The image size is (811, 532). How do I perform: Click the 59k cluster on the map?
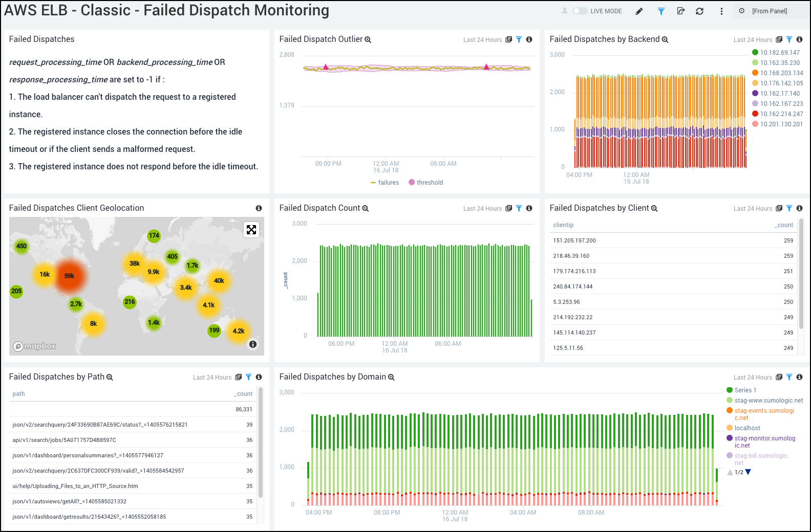(70, 276)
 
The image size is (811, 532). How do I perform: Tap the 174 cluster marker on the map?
(154, 236)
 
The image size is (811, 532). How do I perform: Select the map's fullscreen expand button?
(251, 230)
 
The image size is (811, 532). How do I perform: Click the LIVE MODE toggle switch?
(580, 11)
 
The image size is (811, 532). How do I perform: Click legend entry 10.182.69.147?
(779, 53)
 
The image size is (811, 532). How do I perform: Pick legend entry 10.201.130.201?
(781, 124)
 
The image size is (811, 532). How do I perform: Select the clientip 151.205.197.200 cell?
(574, 240)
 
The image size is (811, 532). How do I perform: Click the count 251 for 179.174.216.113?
(788, 271)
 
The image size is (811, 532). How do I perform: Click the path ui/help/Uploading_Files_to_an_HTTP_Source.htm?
(75, 486)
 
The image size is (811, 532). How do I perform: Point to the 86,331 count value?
(244, 409)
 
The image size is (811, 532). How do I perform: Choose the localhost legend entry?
(747, 428)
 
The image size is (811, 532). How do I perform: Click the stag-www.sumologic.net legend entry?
(768, 401)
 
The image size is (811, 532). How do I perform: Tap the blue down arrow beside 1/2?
(748, 472)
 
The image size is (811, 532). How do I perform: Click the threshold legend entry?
(429, 183)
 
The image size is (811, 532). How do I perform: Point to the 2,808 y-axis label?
(287, 55)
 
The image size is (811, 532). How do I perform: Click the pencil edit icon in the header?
(639, 11)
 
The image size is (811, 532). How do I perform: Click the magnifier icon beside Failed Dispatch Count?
(366, 208)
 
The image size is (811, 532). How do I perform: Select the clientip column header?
(563, 225)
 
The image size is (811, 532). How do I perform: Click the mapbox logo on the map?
(34, 346)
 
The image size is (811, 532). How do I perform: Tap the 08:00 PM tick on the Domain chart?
(387, 512)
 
